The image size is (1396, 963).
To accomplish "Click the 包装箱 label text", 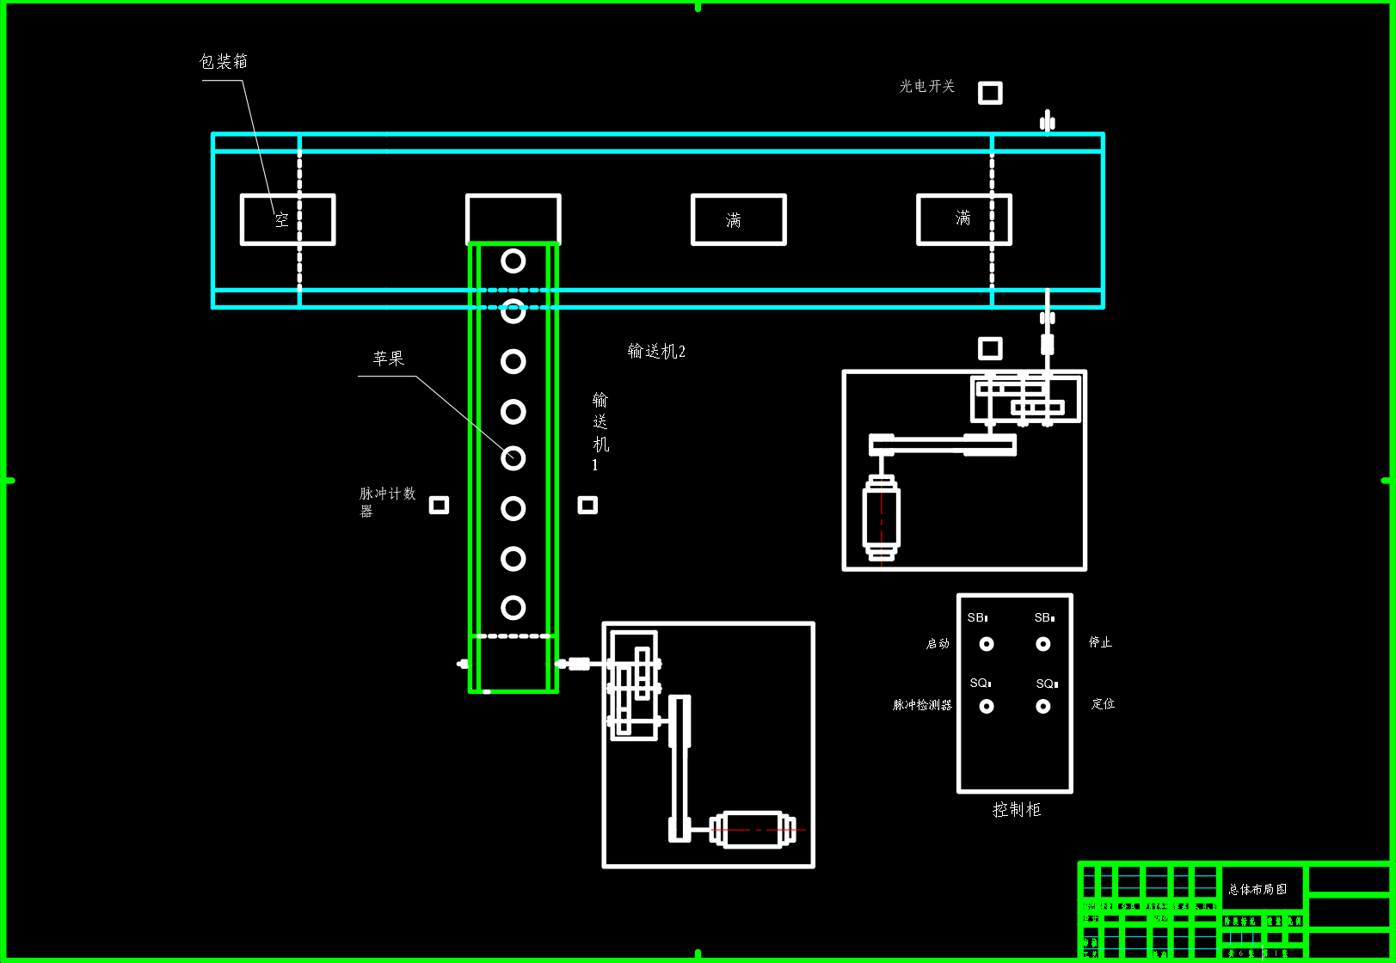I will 224,61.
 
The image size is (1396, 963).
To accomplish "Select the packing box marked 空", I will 287,220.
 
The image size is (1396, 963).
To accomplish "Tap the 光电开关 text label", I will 927,86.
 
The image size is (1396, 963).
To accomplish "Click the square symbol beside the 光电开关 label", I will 990,93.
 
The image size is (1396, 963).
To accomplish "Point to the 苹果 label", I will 389,359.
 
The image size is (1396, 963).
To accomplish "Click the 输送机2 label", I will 656,351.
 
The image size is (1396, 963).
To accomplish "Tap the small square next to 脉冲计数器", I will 439,505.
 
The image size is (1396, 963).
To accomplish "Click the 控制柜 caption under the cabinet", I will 1016,809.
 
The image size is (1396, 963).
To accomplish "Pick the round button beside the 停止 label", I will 1043,644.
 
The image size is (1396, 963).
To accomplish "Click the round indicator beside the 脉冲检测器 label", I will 987,706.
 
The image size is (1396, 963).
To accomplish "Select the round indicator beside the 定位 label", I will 1043,706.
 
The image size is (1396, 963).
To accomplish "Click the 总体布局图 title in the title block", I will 1258,889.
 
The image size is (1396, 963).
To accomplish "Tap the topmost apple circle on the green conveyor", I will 514,261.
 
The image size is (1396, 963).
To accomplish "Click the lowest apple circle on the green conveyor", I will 514,608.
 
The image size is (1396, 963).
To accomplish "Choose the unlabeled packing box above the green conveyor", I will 514,219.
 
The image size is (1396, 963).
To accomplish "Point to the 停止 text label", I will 1100,642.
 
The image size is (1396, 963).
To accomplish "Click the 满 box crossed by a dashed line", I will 964,219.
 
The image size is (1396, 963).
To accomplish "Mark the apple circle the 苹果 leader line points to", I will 514,458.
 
